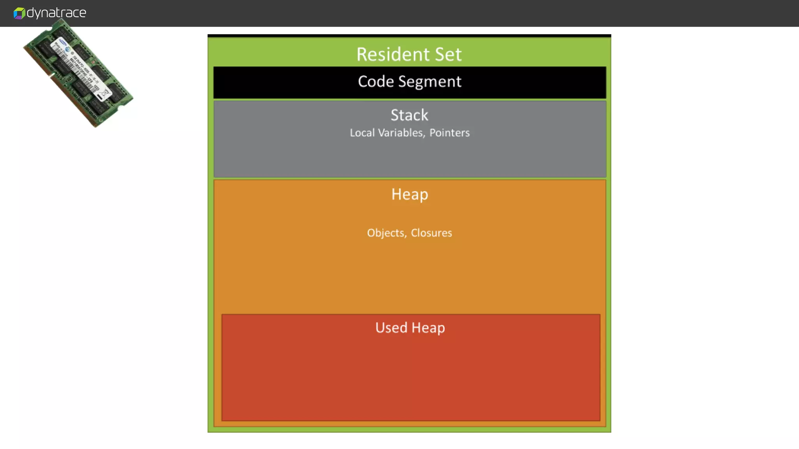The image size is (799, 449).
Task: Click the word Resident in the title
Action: point(392,54)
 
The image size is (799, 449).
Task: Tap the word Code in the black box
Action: point(376,81)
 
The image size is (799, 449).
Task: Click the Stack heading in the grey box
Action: point(409,115)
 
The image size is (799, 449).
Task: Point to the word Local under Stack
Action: point(362,133)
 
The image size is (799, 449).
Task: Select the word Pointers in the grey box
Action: point(449,133)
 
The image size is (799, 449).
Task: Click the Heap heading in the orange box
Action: point(410,194)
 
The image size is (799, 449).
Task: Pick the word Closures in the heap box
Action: point(431,233)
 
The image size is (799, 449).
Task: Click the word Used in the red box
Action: point(391,328)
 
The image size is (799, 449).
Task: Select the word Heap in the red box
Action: point(428,328)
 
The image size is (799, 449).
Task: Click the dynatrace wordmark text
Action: point(56,12)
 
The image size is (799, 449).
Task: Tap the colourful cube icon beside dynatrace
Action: point(19,13)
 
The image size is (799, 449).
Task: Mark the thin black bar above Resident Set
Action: point(409,36)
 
